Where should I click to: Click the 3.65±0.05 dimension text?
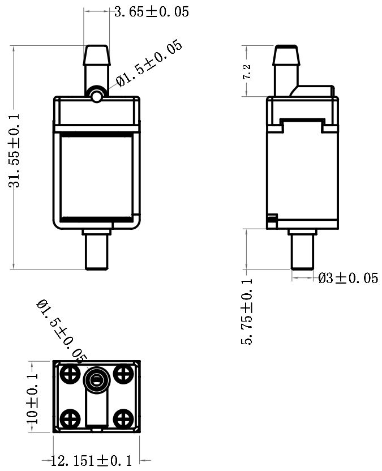tap(151, 11)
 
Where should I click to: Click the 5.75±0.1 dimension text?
tap(247, 311)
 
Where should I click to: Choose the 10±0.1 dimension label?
tap(32, 398)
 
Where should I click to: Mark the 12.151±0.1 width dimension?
tap(91, 461)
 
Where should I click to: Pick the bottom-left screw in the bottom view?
tap(71, 419)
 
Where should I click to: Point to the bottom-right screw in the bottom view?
tap(122, 419)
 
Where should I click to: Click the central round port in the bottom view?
tap(96, 380)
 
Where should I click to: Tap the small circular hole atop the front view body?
tap(97, 97)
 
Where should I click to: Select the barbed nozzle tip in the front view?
tap(97, 55)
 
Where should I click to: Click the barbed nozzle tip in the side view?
tap(286, 55)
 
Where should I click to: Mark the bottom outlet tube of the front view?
tap(96, 252)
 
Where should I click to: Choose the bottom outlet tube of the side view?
tap(303, 252)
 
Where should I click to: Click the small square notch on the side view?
tap(272, 218)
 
